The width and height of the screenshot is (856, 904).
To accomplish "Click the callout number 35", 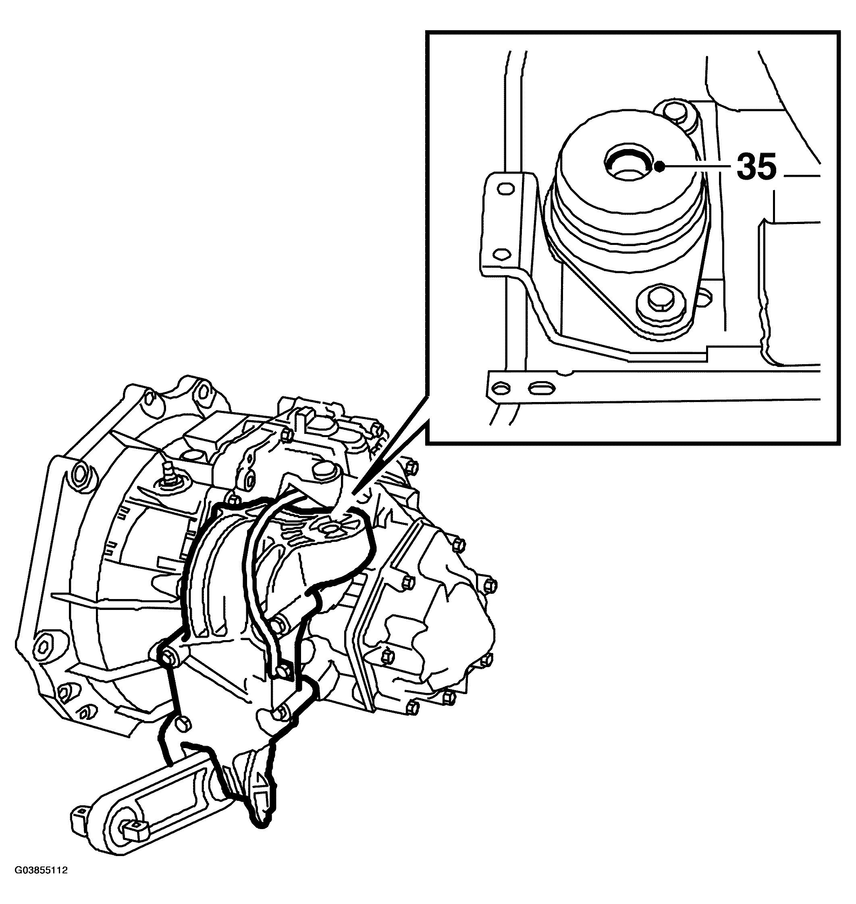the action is click(756, 167).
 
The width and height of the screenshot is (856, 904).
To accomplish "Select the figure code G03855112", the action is click(42, 883).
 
